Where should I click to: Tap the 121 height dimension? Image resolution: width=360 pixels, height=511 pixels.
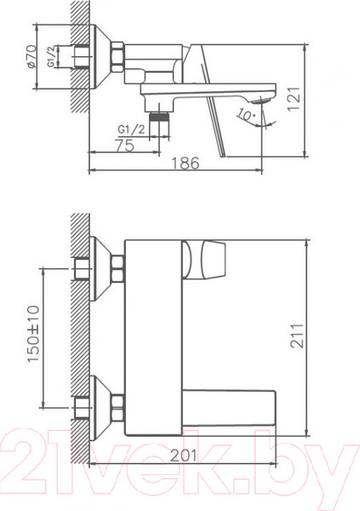coord(317,100)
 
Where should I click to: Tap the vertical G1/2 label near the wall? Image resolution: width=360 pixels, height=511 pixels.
coord(52,59)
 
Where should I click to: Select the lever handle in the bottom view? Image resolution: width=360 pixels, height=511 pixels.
coord(208,259)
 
